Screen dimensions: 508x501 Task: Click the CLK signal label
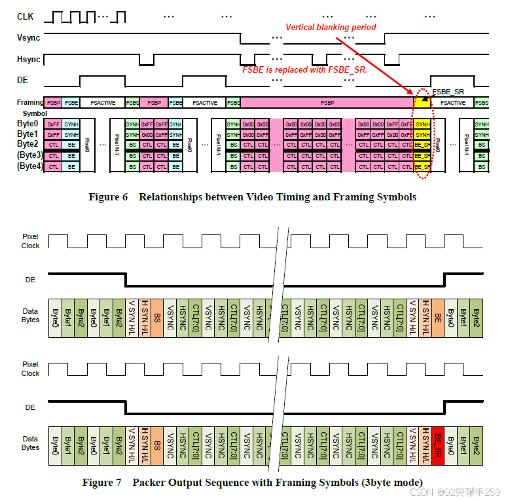[x=25, y=16]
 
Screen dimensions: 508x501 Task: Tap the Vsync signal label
[x=28, y=38]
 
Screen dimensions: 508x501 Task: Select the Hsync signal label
[x=28, y=60]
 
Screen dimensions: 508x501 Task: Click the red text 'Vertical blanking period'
[x=331, y=27]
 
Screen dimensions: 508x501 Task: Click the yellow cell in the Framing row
[x=422, y=103]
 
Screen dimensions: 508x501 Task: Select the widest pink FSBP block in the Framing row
[x=327, y=103]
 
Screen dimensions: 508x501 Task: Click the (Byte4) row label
[x=30, y=166]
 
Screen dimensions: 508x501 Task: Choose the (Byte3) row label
[x=30, y=155]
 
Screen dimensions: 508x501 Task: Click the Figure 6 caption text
[x=252, y=197]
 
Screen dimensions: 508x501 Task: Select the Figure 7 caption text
[x=252, y=483]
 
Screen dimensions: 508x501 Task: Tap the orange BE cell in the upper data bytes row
[x=438, y=317]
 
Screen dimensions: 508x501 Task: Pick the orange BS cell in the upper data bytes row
[x=157, y=317]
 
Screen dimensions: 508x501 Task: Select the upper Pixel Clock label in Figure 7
[x=30, y=241]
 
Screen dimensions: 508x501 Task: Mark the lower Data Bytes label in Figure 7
[x=30, y=443]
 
